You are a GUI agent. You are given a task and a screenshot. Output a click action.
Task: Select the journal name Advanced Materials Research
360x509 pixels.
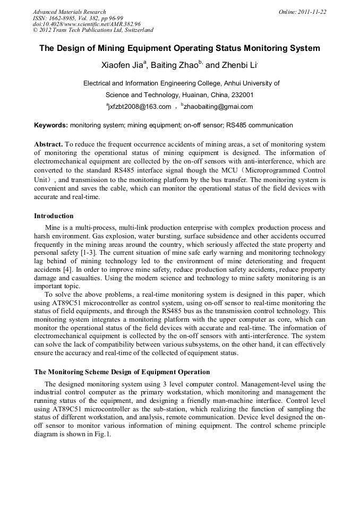coord(69,12)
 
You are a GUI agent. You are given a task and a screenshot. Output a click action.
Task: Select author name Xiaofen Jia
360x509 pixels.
coord(122,66)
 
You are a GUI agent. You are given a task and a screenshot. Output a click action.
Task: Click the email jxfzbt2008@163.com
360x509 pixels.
coord(139,107)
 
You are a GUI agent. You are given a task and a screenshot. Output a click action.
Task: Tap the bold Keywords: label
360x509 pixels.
coord(51,125)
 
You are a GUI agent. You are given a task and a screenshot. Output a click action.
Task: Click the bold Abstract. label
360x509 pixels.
coord(48,144)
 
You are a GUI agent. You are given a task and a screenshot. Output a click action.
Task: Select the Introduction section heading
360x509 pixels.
coord(54,216)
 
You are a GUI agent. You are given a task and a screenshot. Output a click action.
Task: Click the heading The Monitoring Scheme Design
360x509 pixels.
coord(122,372)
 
